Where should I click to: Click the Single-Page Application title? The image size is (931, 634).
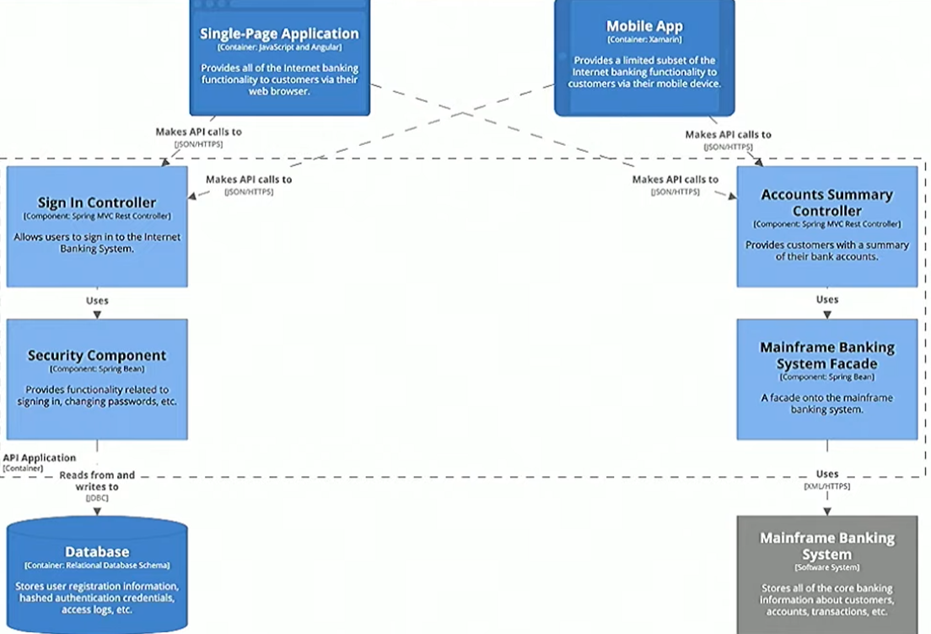(279, 34)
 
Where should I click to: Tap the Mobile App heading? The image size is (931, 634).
(644, 27)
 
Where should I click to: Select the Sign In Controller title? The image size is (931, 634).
(97, 202)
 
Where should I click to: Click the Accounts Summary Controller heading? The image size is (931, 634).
(826, 202)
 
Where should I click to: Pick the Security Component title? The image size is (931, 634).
(97, 355)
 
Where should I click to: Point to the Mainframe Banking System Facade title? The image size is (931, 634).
(826, 356)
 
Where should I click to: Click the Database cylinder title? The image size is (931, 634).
(97, 551)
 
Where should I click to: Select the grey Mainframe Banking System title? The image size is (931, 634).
(826, 545)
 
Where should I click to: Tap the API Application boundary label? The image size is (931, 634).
(39, 458)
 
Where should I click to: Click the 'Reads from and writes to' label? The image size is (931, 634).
(97, 481)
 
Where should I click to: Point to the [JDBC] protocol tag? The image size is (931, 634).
(97, 498)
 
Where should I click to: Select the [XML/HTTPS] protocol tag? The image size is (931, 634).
(826, 486)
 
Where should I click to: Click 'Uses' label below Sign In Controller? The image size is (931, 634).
(97, 300)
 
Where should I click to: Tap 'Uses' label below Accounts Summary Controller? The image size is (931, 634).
(827, 299)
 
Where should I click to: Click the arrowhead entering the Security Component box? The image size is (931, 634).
(97, 314)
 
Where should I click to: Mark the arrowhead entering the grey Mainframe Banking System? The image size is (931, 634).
(826, 511)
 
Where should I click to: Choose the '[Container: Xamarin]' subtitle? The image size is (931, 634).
(644, 40)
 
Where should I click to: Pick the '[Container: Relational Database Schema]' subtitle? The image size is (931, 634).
(97, 566)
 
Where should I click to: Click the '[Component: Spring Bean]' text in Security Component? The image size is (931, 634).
(97, 368)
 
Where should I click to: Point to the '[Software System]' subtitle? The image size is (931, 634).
(826, 567)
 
